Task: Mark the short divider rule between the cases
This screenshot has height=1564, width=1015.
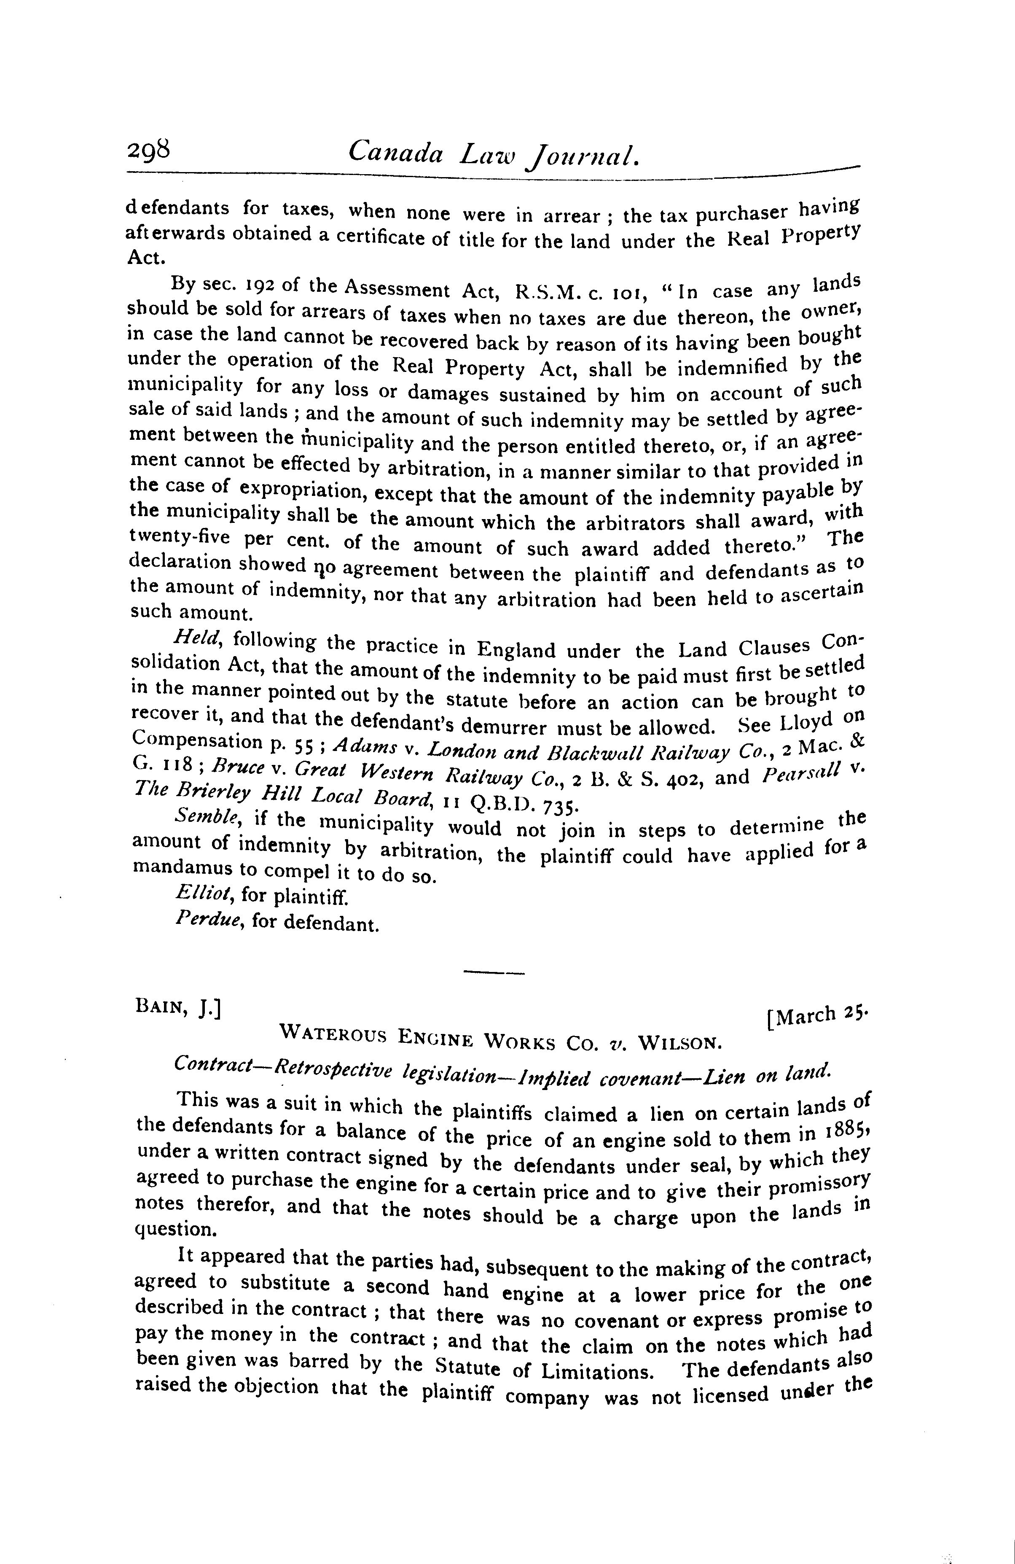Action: (493, 972)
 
